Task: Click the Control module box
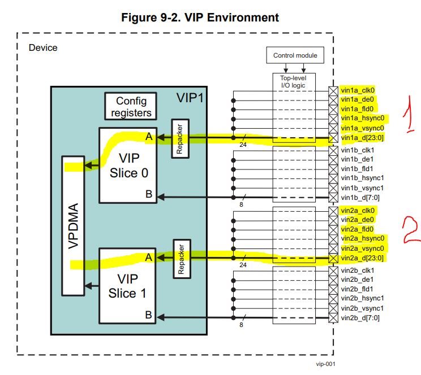[x=295, y=55]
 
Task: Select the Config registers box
[x=131, y=106]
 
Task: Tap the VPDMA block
[x=74, y=226]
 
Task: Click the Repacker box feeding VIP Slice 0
[x=180, y=138]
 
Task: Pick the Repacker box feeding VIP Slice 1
[x=182, y=259]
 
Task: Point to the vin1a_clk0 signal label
[x=358, y=90]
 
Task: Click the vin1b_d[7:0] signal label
[x=360, y=198]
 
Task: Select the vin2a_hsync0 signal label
[x=363, y=238]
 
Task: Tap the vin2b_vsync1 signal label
[x=362, y=308]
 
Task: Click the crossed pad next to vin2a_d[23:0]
[x=333, y=259]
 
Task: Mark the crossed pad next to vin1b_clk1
[x=333, y=150]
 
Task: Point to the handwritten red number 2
[x=411, y=230]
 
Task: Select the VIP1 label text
[x=190, y=98]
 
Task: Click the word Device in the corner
[x=43, y=47]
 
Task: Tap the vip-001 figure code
[x=326, y=364]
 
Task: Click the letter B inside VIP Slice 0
[x=149, y=194]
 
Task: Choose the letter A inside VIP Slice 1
[x=148, y=258]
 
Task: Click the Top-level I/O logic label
[x=293, y=81]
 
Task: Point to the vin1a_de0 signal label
[x=358, y=99]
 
